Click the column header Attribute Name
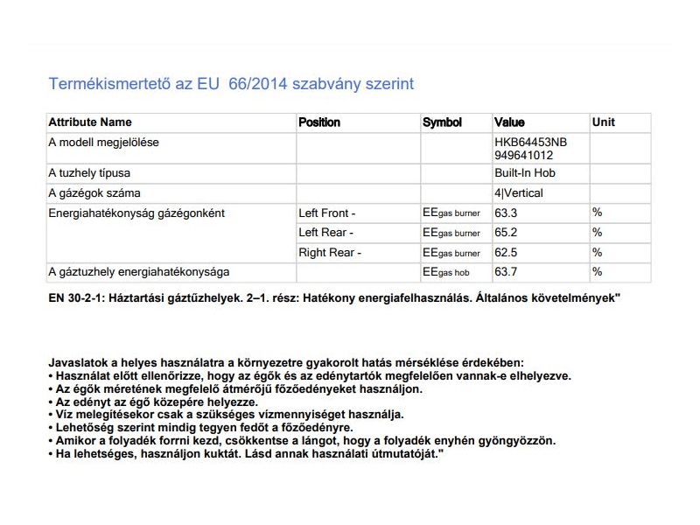(x=90, y=122)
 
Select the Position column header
(x=319, y=122)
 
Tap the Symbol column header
(x=442, y=122)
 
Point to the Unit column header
(x=604, y=122)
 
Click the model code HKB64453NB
(x=530, y=142)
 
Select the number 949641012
(x=524, y=155)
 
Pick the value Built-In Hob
(x=525, y=173)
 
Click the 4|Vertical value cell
(x=519, y=192)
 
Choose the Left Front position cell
(x=326, y=213)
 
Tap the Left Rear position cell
(x=325, y=233)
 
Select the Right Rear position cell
(x=329, y=253)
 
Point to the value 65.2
(x=507, y=233)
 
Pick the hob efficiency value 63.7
(x=507, y=272)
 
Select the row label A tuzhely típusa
(x=89, y=173)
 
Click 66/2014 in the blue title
(x=262, y=85)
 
